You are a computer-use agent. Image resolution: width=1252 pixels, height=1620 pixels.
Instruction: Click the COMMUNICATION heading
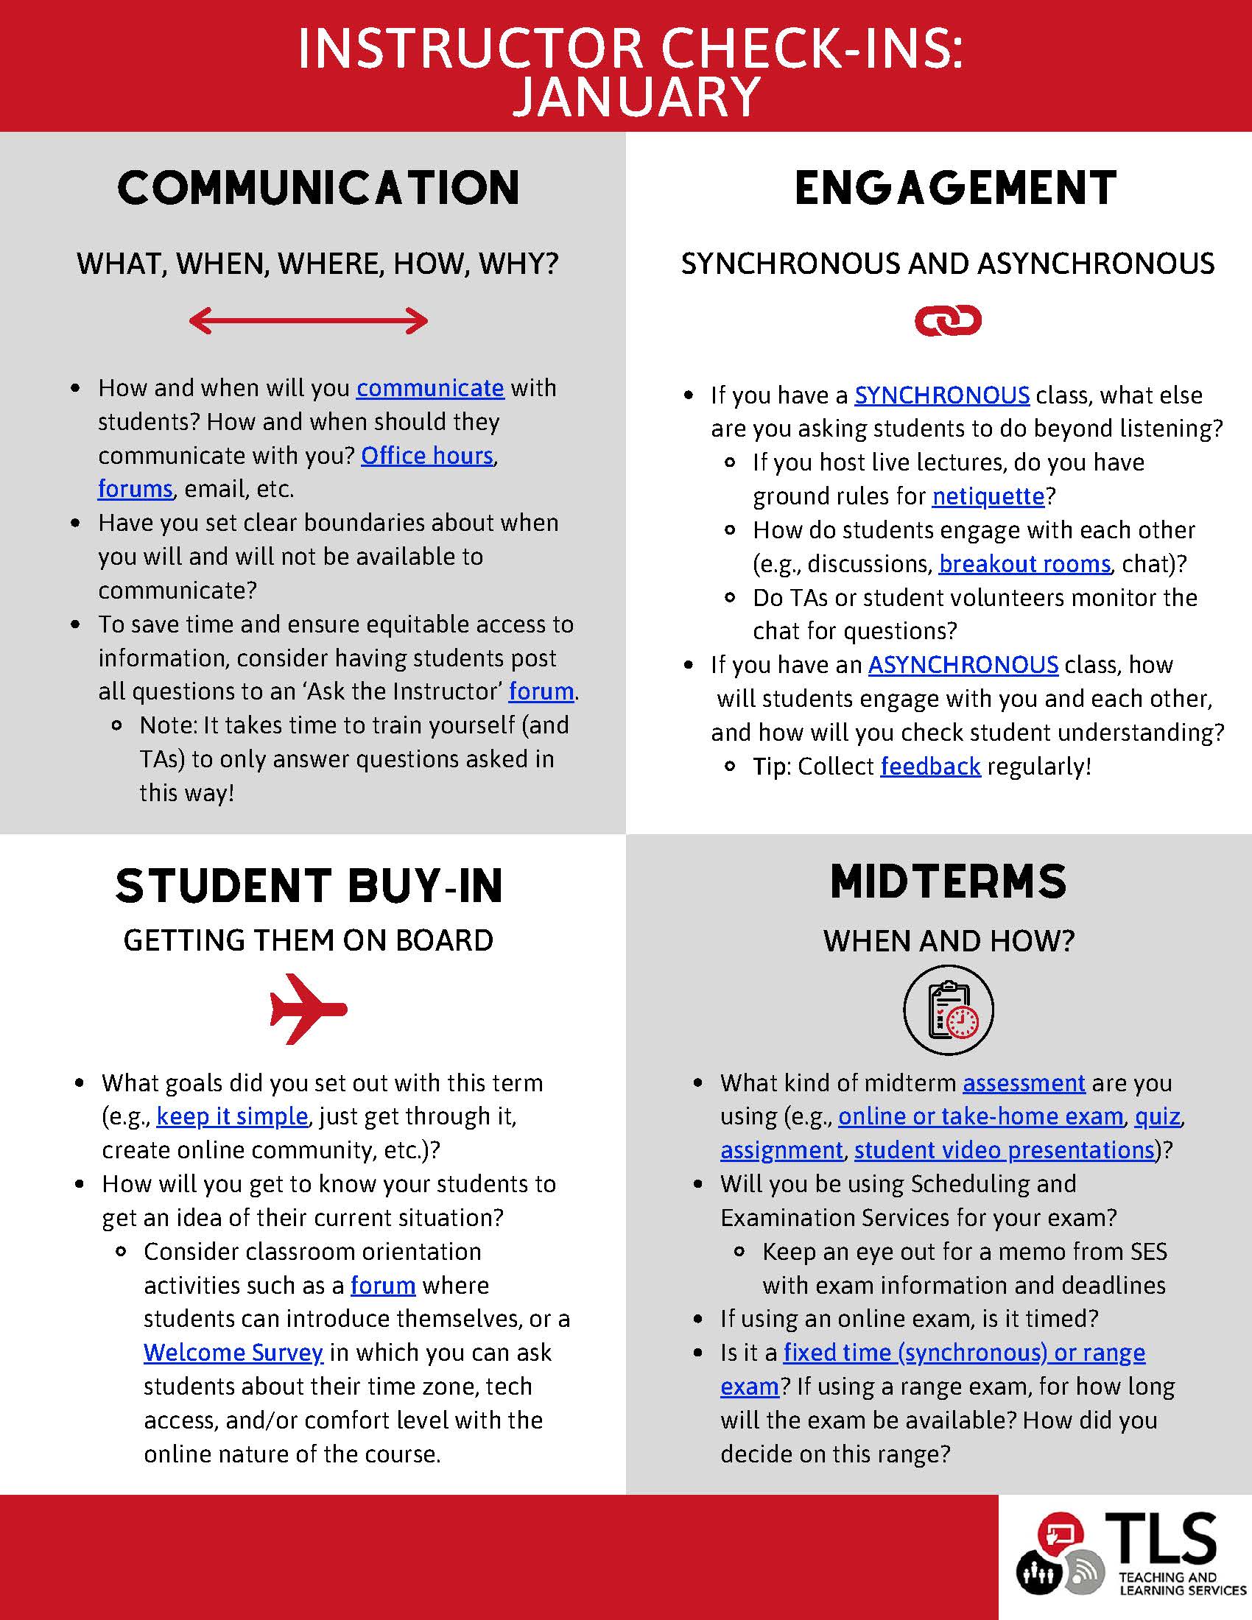[x=319, y=188]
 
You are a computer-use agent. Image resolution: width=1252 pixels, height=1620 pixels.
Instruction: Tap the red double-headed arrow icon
[x=309, y=321]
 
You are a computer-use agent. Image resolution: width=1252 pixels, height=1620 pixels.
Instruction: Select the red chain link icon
[x=947, y=321]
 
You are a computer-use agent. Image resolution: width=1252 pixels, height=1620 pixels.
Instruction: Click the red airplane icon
[x=308, y=1009]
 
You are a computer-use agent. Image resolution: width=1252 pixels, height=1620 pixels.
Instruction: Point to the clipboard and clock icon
[x=948, y=1010]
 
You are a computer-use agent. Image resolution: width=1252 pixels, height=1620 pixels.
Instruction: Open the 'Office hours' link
[x=426, y=455]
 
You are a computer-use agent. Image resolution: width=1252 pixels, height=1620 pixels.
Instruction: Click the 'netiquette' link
[x=988, y=496]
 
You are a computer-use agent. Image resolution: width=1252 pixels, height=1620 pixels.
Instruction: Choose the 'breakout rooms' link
[x=1024, y=564]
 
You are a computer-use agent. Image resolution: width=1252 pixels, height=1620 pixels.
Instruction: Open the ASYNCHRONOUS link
[x=963, y=665]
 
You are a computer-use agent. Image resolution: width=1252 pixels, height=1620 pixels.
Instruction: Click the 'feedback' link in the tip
[x=930, y=767]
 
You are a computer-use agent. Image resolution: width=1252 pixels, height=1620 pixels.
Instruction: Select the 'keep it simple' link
[x=232, y=1116]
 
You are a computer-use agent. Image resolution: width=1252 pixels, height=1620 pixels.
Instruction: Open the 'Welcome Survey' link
[x=233, y=1352]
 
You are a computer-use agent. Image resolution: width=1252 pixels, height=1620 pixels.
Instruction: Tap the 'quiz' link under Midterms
[x=1157, y=1116]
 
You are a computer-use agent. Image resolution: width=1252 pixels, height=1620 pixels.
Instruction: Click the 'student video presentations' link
[x=1005, y=1149]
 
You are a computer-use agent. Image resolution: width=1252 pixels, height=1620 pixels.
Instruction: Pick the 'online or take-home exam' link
[x=980, y=1116]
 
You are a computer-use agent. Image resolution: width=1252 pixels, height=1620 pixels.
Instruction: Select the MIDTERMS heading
[x=948, y=882]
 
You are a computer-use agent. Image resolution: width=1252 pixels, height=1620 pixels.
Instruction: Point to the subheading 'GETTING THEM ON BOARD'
[x=309, y=940]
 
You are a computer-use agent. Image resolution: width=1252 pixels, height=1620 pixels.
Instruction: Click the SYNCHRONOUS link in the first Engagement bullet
[x=941, y=395]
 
